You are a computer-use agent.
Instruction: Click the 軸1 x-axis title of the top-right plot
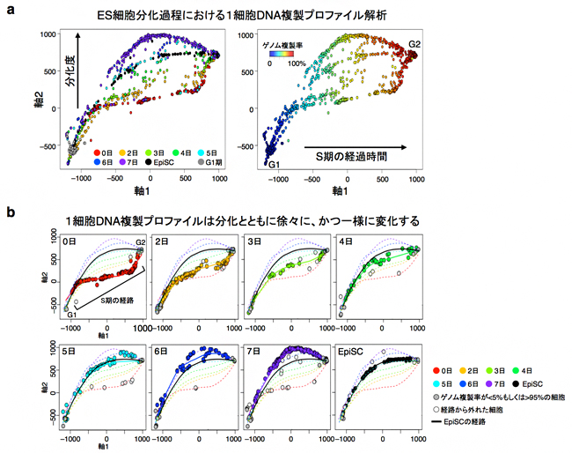click(335, 189)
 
